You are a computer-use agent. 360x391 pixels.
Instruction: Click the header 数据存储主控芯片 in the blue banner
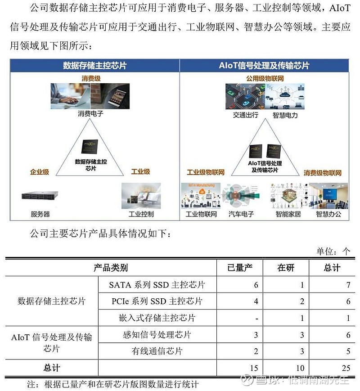pos(94,65)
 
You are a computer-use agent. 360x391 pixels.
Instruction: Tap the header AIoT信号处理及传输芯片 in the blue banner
pos(264,65)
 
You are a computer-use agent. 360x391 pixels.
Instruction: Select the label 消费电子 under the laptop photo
pos(90,114)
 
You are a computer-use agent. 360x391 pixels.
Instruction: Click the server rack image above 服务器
pos(40,196)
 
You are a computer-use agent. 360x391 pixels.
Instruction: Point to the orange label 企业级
pos(40,172)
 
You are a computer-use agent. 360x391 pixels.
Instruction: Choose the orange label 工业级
pos(140,172)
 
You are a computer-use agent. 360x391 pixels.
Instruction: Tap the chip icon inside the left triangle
pos(90,147)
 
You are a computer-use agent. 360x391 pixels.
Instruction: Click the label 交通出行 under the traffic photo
pos(246,115)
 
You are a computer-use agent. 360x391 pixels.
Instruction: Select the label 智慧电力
pos(285,115)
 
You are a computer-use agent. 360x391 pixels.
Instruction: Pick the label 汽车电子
pos(242,214)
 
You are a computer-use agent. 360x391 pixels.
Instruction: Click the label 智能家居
pos(288,214)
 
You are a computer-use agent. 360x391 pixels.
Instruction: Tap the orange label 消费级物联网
pos(322,173)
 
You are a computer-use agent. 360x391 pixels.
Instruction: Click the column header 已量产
pos(240,268)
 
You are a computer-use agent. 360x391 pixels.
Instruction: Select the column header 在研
pos(286,268)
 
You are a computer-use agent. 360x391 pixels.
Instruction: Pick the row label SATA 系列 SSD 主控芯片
pos(157,285)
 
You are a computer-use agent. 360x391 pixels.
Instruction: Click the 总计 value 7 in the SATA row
pos(348,285)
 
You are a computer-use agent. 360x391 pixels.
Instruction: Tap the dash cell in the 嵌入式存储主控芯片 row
pos(256,319)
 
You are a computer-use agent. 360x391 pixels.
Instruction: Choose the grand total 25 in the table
pos(346,368)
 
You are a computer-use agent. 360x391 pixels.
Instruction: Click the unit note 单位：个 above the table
pos(333,251)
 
